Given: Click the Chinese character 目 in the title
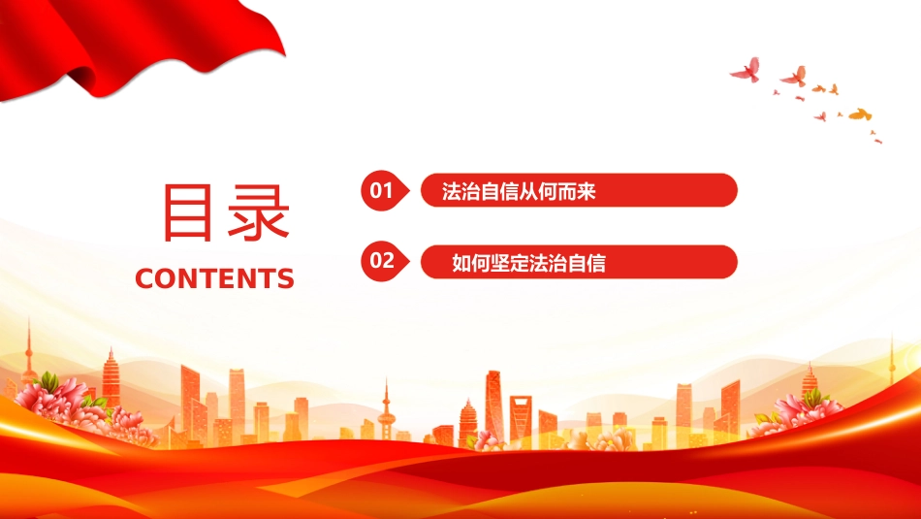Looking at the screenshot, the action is point(187,212).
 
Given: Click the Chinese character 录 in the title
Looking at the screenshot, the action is point(259,212).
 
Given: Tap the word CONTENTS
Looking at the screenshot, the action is point(214,278).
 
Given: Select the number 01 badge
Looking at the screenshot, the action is point(384,190).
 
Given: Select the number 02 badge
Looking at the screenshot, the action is point(384,260).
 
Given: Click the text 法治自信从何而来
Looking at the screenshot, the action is point(519,192).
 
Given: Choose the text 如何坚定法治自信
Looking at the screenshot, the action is point(528,263).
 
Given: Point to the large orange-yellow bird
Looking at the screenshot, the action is point(860,114).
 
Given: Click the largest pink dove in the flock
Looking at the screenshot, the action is point(746,70).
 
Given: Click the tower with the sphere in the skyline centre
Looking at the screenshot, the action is point(386,411).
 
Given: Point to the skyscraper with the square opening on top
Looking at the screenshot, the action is point(521,417).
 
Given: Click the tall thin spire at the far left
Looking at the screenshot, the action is point(28,353).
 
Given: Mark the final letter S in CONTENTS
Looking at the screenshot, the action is point(286,278).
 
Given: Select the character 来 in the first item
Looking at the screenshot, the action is point(587,192).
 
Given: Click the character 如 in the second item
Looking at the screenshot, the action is point(461,263).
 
